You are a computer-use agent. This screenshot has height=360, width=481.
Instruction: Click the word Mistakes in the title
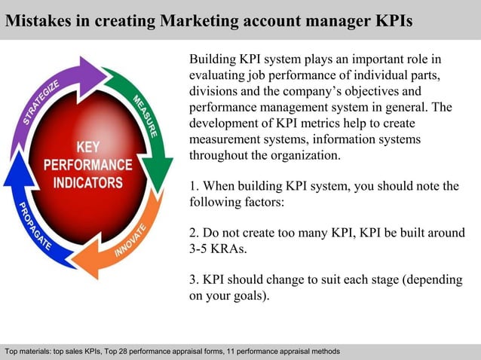tap(34, 20)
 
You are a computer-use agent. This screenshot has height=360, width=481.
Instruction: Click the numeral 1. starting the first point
tap(194, 186)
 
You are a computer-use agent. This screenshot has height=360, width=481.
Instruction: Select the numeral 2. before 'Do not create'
tap(194, 233)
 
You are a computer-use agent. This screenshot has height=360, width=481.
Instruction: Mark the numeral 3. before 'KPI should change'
tap(194, 280)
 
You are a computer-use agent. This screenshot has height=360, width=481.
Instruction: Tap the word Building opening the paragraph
tap(213, 59)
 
